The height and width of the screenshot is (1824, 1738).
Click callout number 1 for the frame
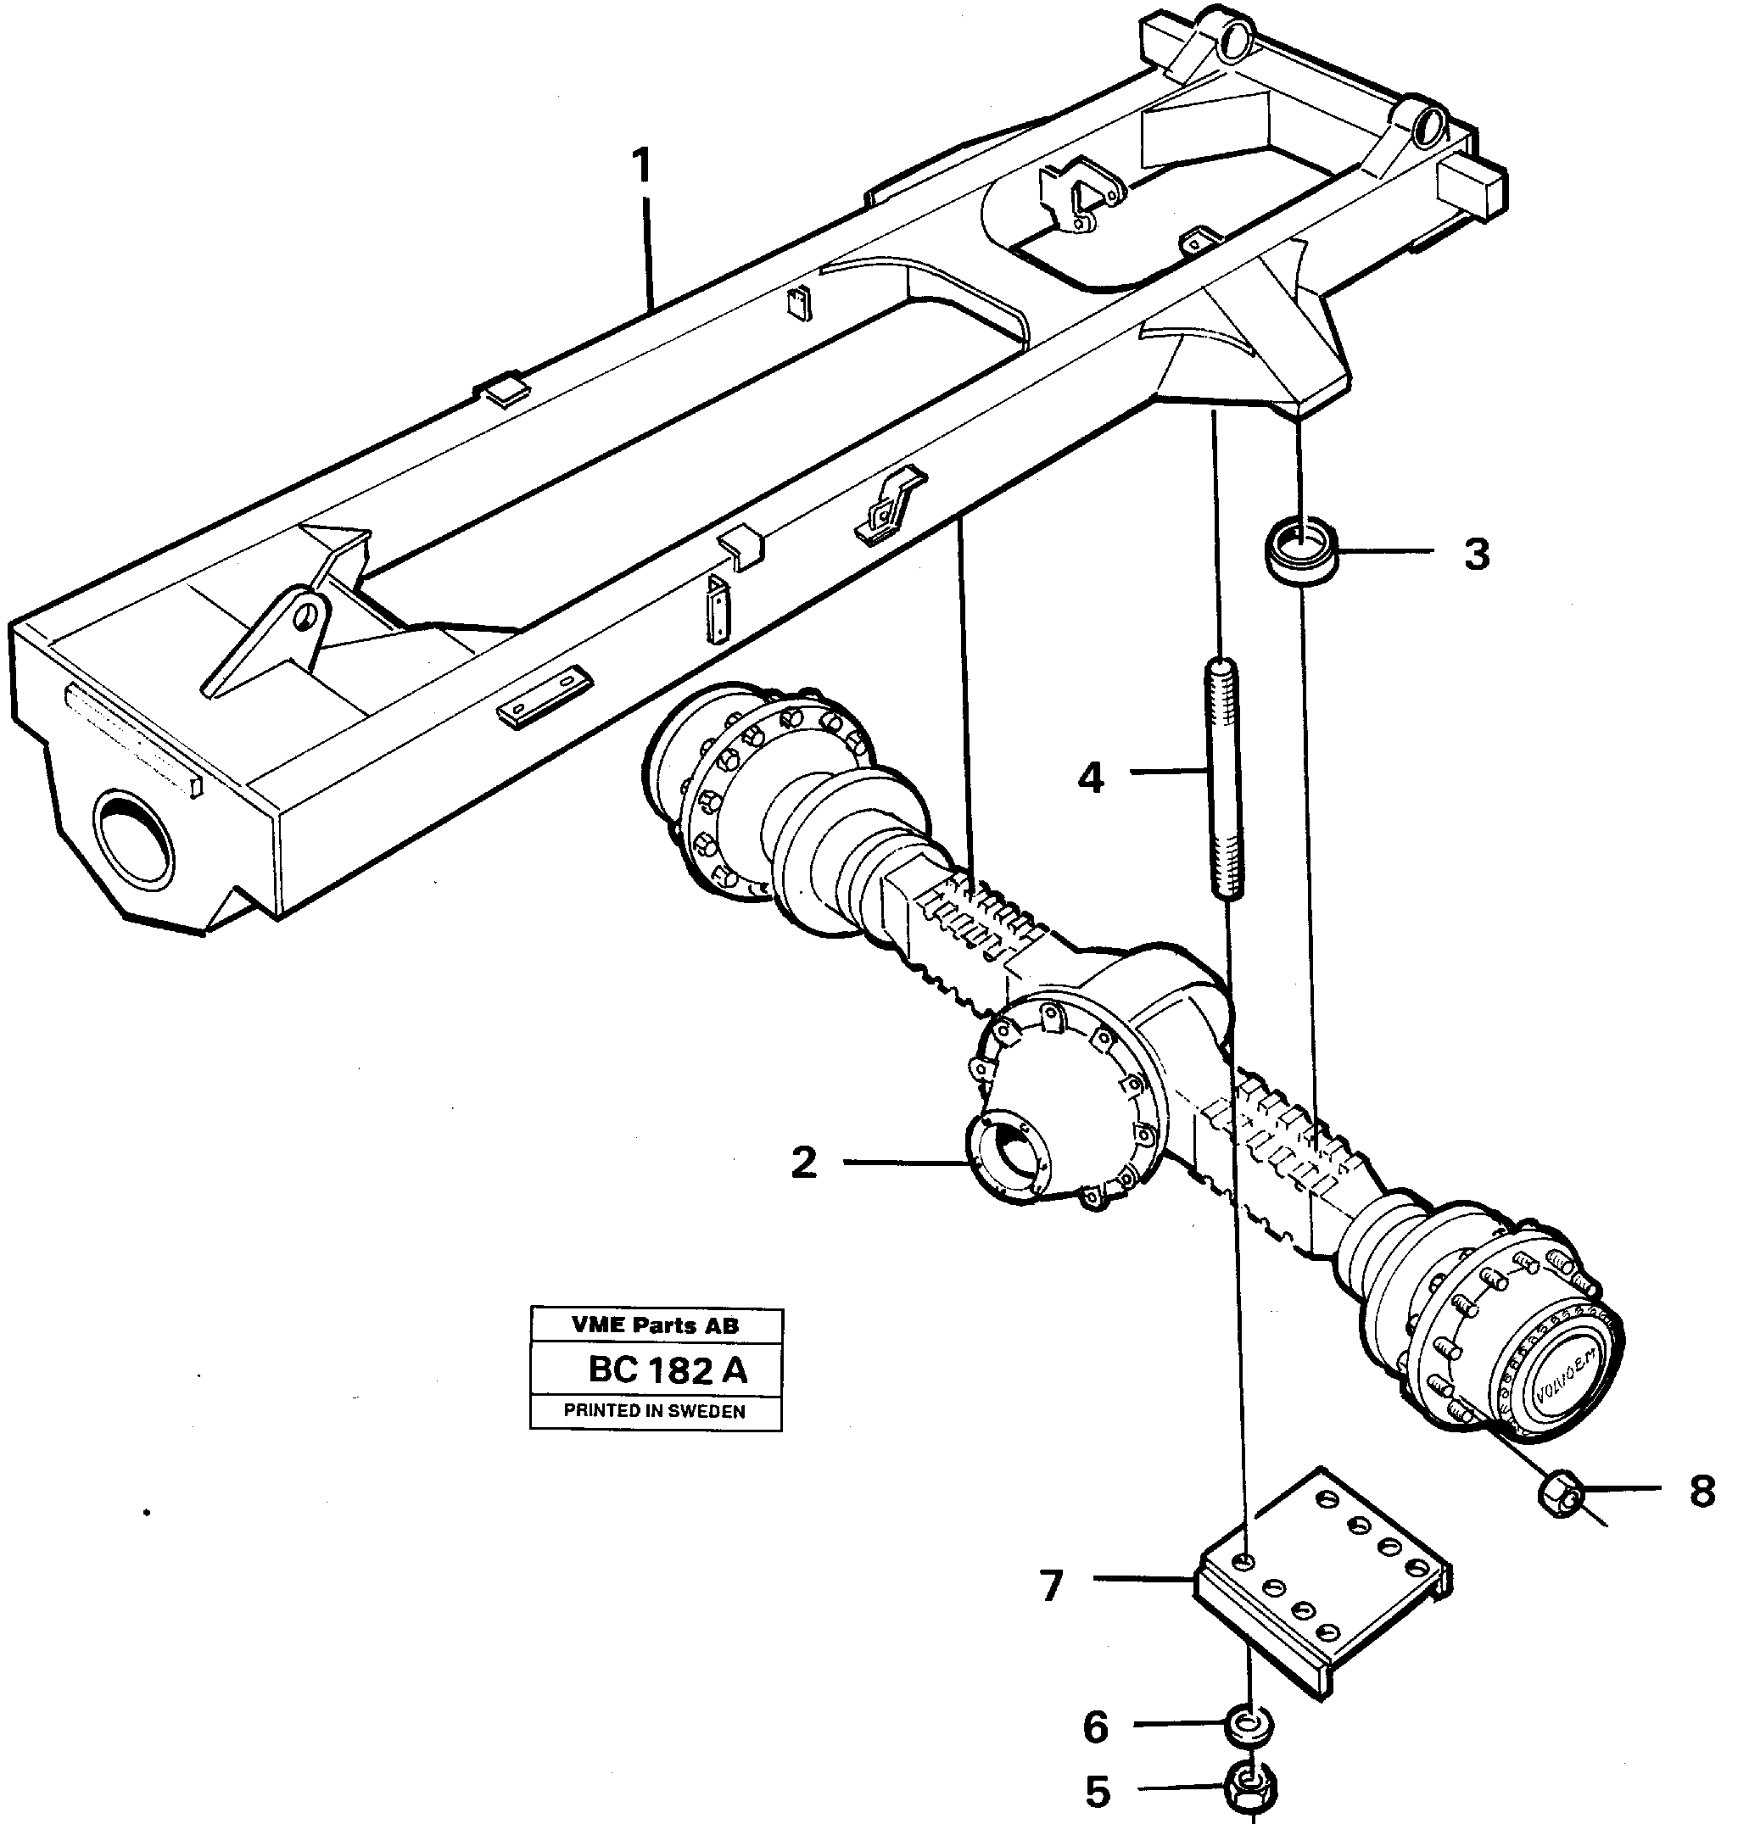[x=641, y=168]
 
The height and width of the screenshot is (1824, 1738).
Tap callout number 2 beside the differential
[x=804, y=1163]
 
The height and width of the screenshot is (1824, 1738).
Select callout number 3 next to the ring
[x=1477, y=554]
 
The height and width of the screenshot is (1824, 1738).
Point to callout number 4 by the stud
[x=1092, y=778]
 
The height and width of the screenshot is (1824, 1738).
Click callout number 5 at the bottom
[x=1098, y=1793]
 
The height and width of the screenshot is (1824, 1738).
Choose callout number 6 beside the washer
[x=1096, y=1726]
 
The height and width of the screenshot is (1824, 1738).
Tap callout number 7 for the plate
[x=1051, y=1587]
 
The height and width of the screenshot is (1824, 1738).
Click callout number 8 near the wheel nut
[x=1702, y=1492]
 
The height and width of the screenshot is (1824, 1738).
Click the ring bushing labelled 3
[x=1300, y=553]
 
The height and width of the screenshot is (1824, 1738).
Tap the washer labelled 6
[x=1249, y=1726]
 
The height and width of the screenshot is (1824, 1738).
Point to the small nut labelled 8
[x=1562, y=1492]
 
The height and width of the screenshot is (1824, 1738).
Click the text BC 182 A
[x=667, y=1370]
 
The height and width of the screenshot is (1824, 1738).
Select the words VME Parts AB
[x=655, y=1325]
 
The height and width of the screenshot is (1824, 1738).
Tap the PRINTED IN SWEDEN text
[x=655, y=1411]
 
